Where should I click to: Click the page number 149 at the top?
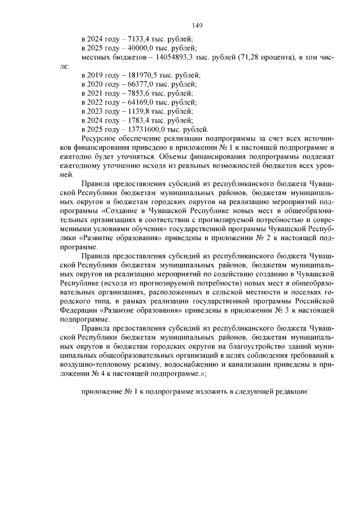pos(197,26)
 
